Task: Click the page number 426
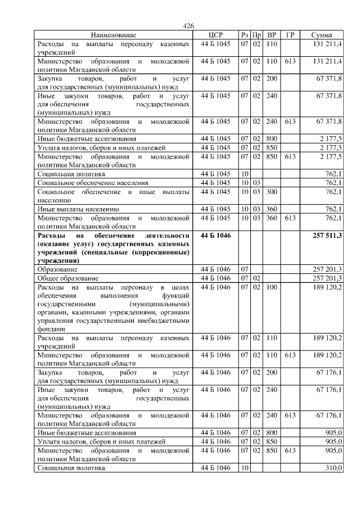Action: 188,26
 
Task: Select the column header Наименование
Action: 113,35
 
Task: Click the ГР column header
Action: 290,35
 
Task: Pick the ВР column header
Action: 272,35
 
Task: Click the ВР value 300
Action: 272,192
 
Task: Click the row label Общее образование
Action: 68,278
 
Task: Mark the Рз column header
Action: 244,35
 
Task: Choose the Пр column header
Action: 256,35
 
